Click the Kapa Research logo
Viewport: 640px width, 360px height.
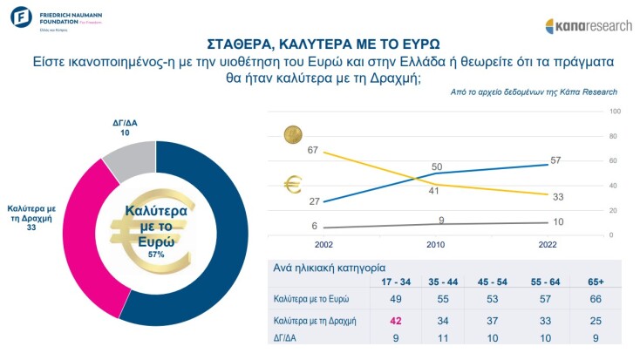[589, 25]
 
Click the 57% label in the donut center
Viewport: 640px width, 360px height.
[156, 255]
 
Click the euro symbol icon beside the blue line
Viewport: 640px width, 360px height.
[294, 185]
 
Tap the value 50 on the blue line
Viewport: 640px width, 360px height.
[437, 166]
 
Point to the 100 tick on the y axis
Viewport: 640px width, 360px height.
[613, 112]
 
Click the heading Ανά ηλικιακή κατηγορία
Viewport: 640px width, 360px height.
[327, 268]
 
